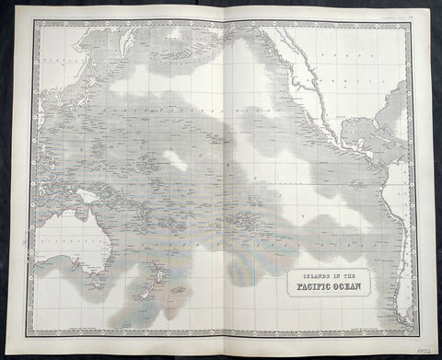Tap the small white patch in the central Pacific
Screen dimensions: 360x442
click(x=175, y=160)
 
